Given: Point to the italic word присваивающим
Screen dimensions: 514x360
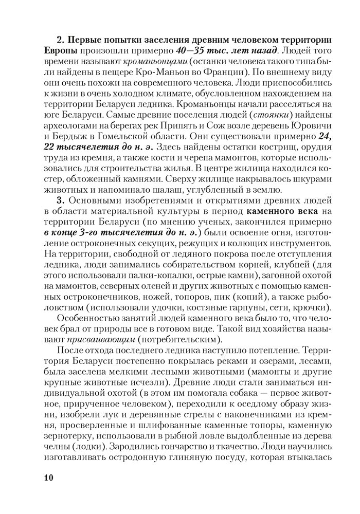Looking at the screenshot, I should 90,341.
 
